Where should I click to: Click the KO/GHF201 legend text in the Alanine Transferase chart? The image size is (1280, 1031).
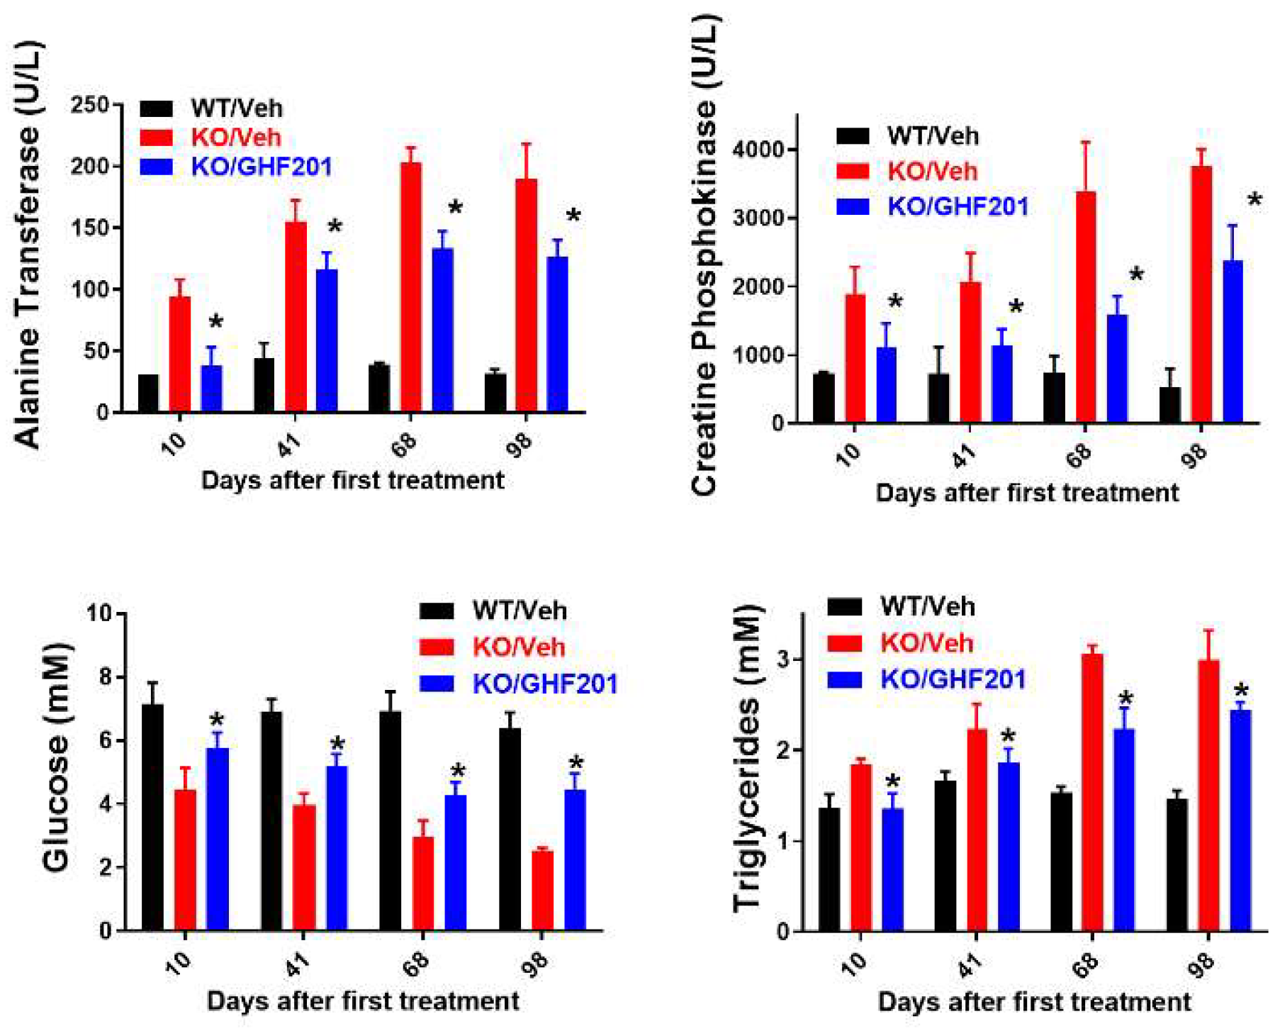(x=262, y=167)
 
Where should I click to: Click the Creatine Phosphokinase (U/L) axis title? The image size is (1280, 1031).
(x=705, y=255)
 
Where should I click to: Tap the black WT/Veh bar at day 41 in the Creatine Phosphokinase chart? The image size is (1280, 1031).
(x=938, y=398)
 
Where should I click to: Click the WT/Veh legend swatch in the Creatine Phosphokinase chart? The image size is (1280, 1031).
(x=853, y=136)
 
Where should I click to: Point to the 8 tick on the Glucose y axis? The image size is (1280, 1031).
(x=104, y=677)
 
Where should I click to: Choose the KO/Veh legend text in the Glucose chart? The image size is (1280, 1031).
(x=519, y=647)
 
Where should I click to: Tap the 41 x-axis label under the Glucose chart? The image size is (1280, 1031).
(x=298, y=964)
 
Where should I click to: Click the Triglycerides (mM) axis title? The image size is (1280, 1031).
(x=747, y=759)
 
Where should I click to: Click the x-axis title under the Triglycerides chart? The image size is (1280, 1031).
(x=1034, y=1001)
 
